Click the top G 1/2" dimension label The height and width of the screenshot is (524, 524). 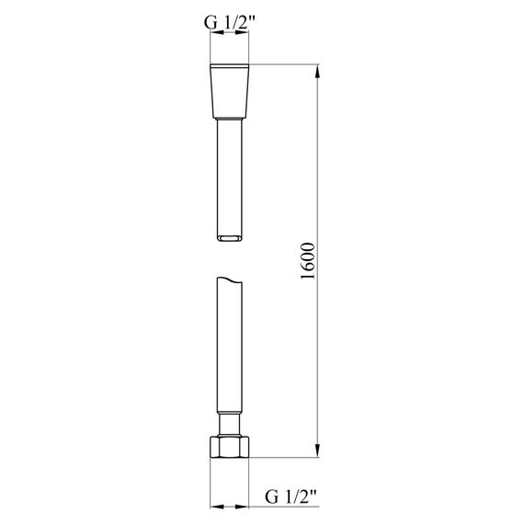229,23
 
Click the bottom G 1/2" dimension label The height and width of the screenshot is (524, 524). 290,496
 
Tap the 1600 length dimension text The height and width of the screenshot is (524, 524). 308,261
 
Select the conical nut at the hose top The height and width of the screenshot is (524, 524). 229,90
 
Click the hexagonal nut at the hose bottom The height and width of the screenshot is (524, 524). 229,447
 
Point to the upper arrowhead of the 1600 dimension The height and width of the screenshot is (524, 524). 317,71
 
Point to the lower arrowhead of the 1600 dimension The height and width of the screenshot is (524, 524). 317,450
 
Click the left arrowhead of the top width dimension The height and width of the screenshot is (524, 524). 217,32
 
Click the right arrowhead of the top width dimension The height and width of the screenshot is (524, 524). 242,32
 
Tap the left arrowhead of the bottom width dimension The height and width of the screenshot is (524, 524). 217,507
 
